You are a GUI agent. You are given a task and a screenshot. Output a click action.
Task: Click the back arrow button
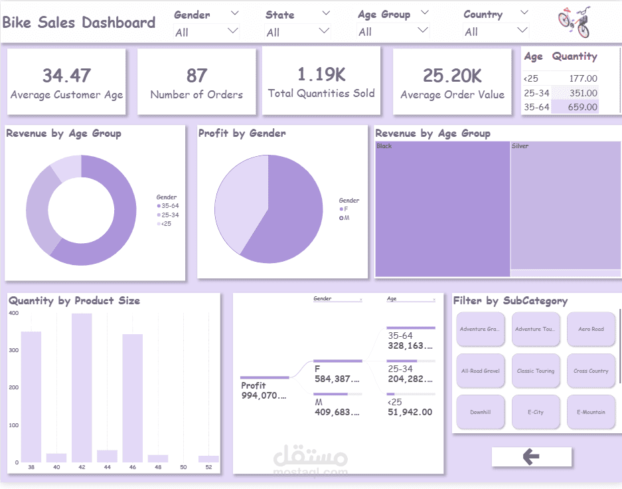531,456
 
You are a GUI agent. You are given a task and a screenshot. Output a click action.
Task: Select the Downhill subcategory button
480,412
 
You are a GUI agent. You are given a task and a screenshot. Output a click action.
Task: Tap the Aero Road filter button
590,329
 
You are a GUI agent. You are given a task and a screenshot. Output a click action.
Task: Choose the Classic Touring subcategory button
535,371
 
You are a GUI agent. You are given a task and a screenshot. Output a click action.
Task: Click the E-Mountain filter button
590,412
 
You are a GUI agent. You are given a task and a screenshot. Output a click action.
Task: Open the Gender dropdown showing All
206,32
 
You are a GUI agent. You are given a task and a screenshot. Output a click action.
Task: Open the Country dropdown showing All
497,32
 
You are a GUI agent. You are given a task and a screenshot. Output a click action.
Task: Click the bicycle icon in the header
574,23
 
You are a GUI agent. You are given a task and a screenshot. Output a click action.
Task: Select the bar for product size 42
82,387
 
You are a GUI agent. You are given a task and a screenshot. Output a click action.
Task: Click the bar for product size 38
31,397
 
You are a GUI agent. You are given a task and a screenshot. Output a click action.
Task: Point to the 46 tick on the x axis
132,468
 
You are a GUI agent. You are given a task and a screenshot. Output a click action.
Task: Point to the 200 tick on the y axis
13,387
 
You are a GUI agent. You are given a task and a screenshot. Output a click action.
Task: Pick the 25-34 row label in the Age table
536,93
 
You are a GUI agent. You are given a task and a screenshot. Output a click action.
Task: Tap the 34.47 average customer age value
66,76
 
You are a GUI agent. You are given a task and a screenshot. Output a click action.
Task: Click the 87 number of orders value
196,76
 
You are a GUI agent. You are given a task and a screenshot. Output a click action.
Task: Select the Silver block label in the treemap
520,146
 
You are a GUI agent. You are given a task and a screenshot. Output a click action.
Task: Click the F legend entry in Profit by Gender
345,209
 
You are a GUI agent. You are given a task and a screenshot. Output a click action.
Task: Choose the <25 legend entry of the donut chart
166,224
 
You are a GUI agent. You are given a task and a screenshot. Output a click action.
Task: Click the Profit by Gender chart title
242,134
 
